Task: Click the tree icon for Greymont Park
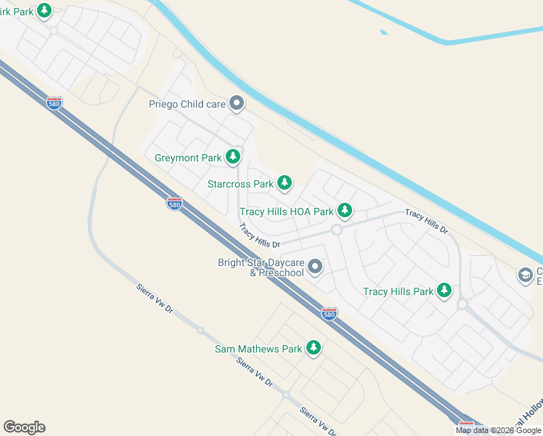click(233, 157)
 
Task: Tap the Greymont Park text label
click(187, 157)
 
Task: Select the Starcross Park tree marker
click(285, 184)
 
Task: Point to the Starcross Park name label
click(240, 185)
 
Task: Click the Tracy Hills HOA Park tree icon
click(345, 211)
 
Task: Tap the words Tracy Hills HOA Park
click(286, 211)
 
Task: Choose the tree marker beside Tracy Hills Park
click(444, 291)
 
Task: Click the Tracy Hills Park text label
click(398, 292)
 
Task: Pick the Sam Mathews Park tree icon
click(313, 349)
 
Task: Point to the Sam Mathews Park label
click(258, 350)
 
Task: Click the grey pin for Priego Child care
click(236, 104)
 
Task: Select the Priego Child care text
click(187, 105)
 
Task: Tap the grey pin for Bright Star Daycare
click(314, 267)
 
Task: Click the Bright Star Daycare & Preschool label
click(261, 267)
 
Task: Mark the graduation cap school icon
click(525, 275)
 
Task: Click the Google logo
click(24, 427)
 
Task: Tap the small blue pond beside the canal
click(383, 32)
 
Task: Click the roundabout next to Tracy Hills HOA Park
click(336, 230)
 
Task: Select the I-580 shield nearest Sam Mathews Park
click(329, 314)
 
